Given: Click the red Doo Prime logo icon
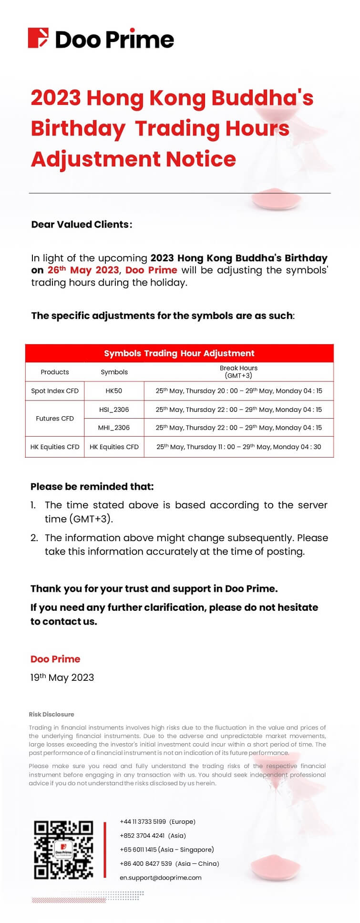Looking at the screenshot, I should coord(38,38).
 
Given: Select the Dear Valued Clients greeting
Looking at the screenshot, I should coord(82,224).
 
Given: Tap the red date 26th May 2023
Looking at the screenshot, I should coord(83,270).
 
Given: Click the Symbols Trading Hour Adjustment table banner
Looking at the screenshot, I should coord(179,353).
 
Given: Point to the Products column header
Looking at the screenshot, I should coord(55,372).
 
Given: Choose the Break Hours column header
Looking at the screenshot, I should coord(238,371).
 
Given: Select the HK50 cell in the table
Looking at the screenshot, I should coord(114,391).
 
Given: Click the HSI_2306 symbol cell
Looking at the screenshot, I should coord(114,410).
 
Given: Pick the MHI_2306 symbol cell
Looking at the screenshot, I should coord(114,428).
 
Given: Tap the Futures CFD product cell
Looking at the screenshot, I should coord(55,419).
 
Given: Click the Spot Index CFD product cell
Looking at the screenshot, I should coord(55,391).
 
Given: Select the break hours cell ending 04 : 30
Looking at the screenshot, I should coord(239,447).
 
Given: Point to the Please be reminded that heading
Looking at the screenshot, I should coord(92,487).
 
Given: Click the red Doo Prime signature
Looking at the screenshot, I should coord(55,659).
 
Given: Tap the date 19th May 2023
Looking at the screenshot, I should coord(62,677).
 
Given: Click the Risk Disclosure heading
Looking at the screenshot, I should coord(51,714).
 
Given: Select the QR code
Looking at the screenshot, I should coord(63,850).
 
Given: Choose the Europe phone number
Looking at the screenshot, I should coord(157,821).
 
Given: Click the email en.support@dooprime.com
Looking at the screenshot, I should coord(161,877).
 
